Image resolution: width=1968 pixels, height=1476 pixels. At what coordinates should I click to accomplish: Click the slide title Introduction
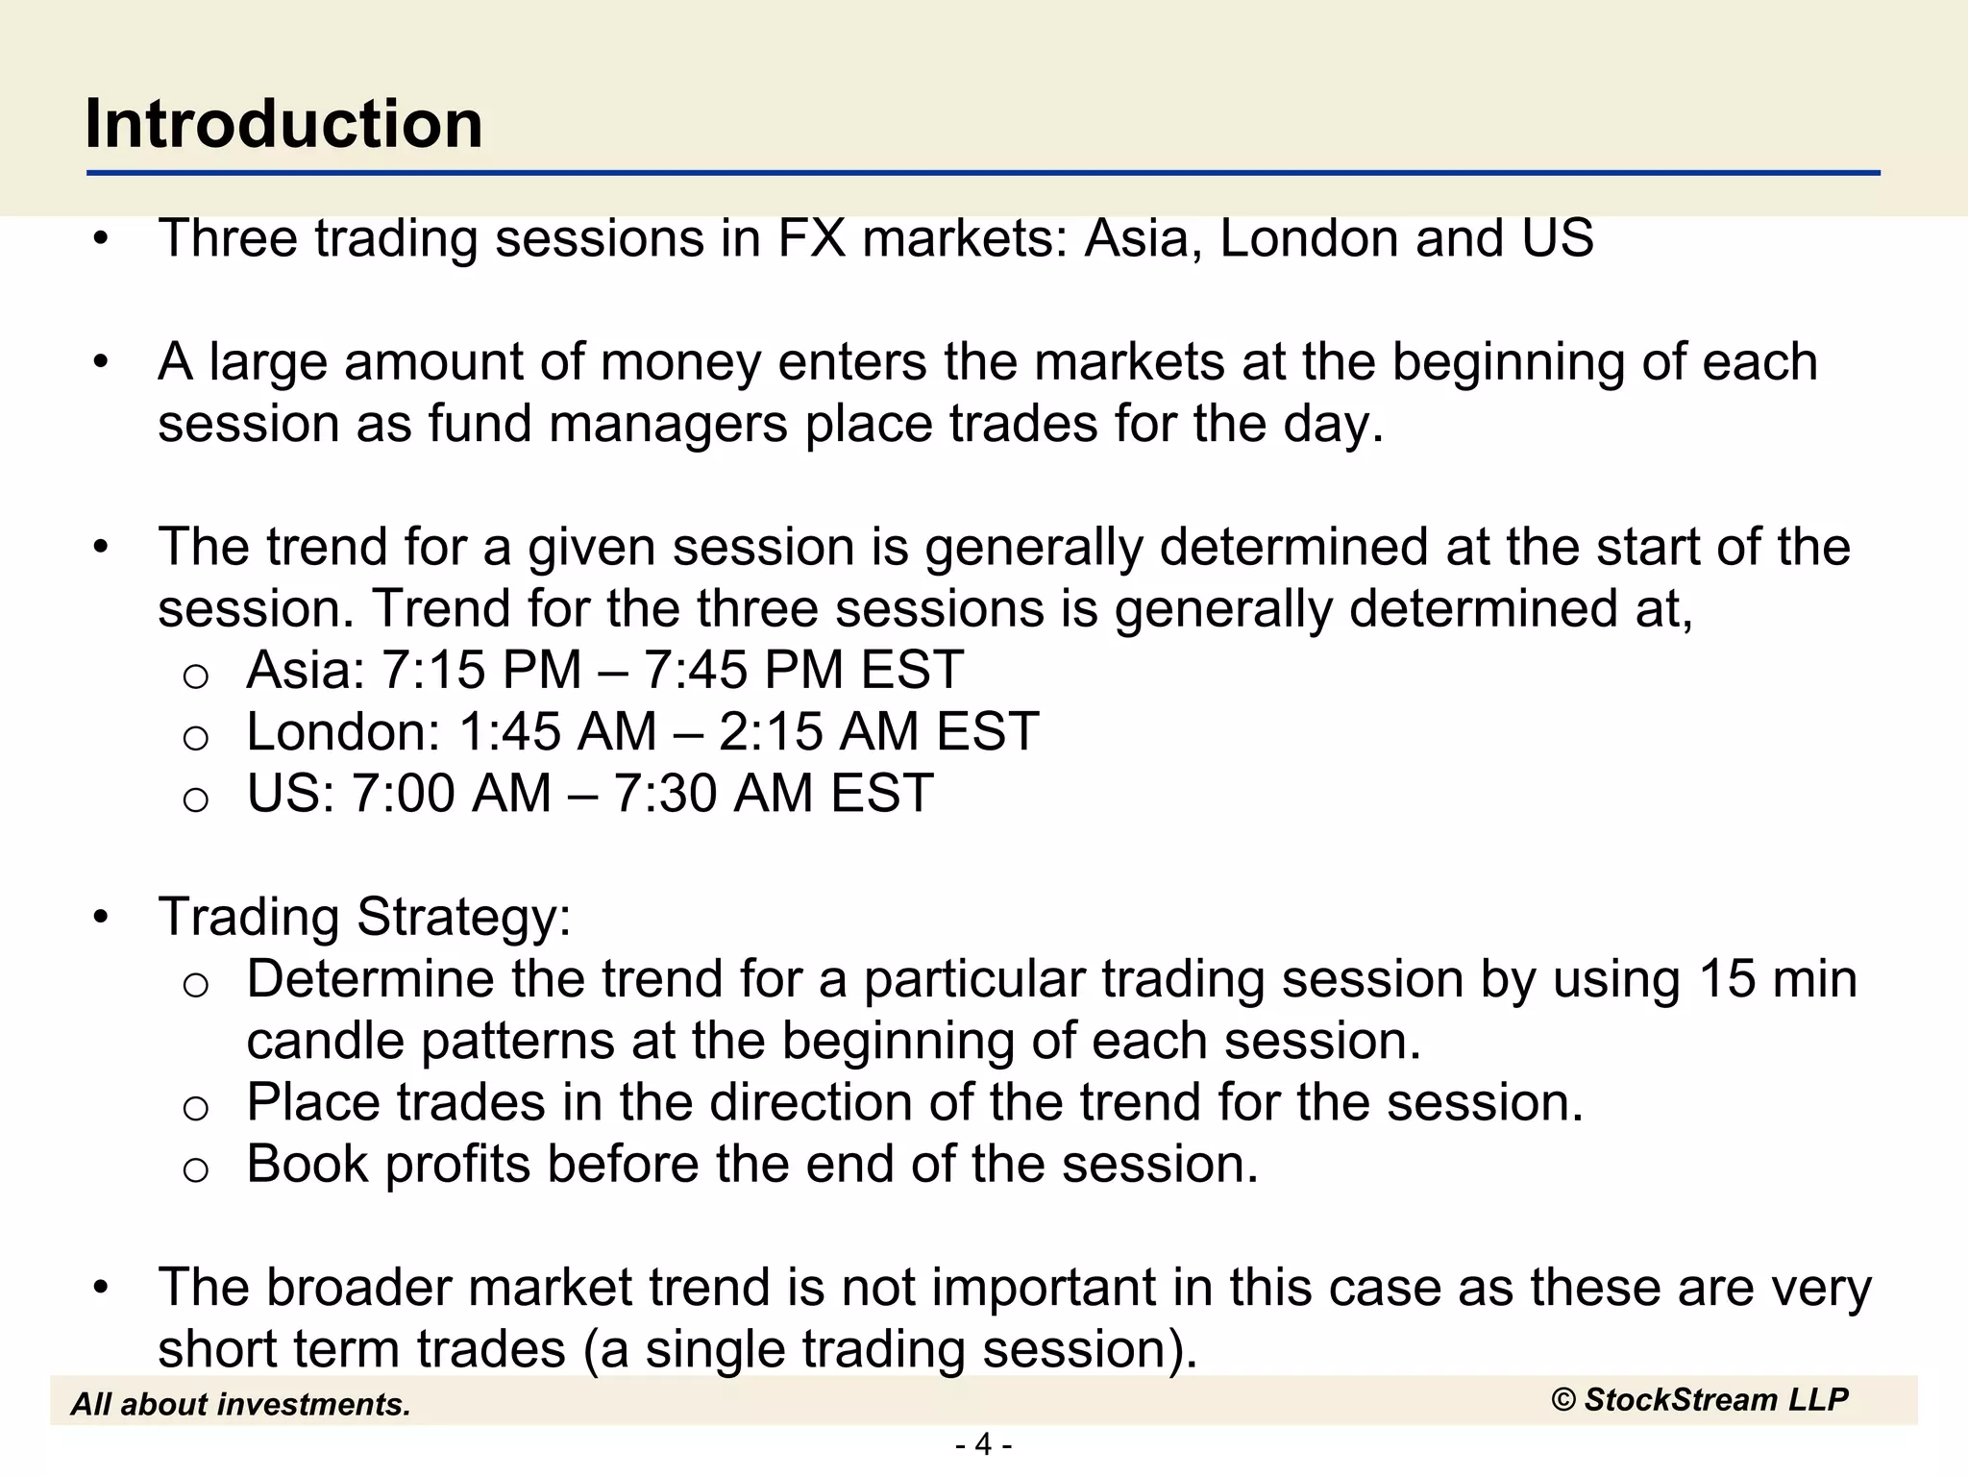[x=283, y=124]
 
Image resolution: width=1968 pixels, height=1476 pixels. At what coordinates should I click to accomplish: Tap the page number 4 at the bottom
[x=983, y=1444]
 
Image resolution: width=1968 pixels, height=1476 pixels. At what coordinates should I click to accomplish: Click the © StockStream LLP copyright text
[x=1699, y=1400]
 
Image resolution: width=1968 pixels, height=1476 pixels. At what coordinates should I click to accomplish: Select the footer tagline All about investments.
[x=240, y=1405]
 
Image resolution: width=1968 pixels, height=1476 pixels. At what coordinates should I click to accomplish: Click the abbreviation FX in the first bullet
[x=811, y=238]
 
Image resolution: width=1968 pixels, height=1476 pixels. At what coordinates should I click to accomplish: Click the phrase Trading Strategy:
[x=365, y=917]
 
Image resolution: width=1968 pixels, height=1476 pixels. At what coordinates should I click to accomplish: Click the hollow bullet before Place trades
[x=195, y=1108]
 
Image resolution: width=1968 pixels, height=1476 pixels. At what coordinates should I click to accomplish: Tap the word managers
[x=668, y=424]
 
